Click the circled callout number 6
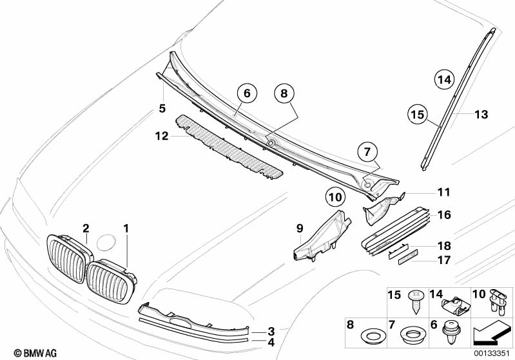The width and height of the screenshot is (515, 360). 246,93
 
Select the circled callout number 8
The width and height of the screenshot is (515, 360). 283,93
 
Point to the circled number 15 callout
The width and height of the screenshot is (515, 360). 418,115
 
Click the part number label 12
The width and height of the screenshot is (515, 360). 161,136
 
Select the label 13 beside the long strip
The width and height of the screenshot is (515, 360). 481,115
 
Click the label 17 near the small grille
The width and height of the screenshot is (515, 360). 443,261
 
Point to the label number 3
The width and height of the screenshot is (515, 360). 271,330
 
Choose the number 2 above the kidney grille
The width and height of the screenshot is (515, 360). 85,227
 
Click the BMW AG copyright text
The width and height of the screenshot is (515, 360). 24,353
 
